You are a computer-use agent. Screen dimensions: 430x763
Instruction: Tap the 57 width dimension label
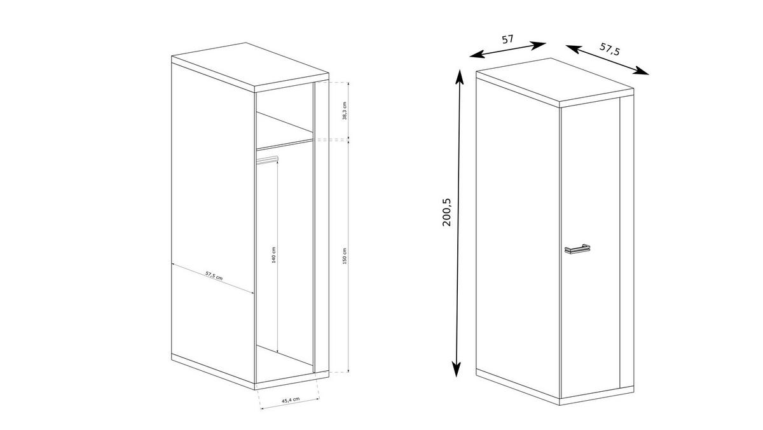[x=507, y=39]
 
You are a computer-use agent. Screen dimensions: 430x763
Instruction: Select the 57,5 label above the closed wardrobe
[x=610, y=50]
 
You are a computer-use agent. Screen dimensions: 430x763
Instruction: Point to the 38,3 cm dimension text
[x=344, y=111]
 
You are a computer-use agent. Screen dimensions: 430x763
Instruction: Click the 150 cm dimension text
[x=344, y=256]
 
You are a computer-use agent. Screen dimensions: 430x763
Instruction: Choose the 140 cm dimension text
[x=273, y=255]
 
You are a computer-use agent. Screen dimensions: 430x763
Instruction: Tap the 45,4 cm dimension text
[x=292, y=400]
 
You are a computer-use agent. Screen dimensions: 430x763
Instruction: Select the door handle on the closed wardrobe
[x=577, y=249]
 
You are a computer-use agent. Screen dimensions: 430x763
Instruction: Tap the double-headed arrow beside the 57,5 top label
[x=607, y=60]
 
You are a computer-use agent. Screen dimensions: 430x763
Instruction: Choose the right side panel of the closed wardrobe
[x=627, y=242]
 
